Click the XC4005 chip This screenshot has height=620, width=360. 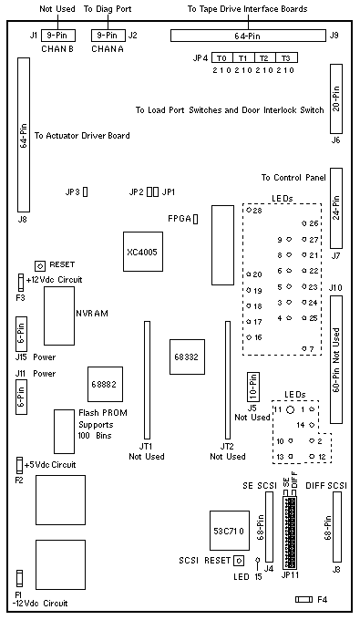coord(143,252)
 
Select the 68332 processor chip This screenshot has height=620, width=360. coord(188,356)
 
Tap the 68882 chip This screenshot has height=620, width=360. coord(105,385)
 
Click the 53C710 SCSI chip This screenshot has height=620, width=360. coord(230,531)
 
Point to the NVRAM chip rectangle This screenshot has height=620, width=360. coord(59,316)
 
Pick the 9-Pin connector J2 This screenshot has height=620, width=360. coord(108,36)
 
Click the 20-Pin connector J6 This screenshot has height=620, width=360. coord(336,98)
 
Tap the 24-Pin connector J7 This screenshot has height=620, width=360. coord(336,209)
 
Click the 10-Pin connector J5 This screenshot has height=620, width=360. coord(252,386)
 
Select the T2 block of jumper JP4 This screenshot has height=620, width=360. coord(265,57)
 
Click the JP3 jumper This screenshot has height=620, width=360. coord(85,192)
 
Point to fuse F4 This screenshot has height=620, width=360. coord(304,599)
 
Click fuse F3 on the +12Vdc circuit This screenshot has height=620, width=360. coord(20,283)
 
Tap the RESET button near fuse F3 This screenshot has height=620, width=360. coord(40,265)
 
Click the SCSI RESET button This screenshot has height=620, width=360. coord(239,561)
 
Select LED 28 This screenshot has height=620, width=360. coord(249,210)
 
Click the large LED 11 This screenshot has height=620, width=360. coord(290,409)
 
